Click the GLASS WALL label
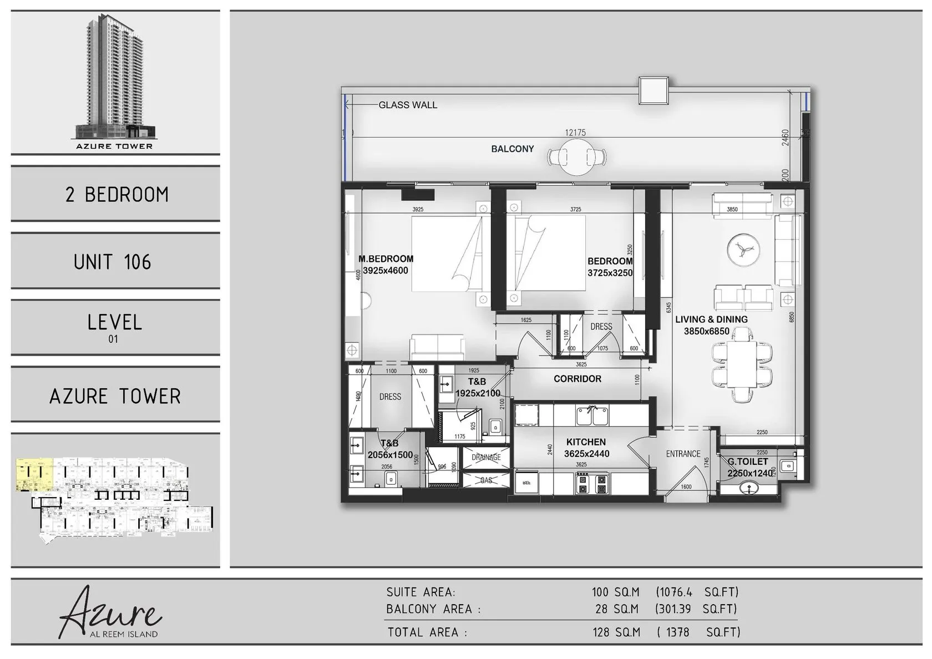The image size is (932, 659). click(x=408, y=105)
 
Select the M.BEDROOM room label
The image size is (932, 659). click(x=386, y=259)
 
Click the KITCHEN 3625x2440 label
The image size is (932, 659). click(x=586, y=448)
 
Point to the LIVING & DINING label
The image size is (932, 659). click(x=711, y=320)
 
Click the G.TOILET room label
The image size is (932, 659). click(x=748, y=462)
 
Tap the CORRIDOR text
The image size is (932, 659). click(x=577, y=379)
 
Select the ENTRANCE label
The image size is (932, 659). click(x=683, y=454)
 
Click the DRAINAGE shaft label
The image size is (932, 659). click(x=486, y=458)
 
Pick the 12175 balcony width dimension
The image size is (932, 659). click(x=575, y=133)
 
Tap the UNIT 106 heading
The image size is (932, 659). click(x=113, y=262)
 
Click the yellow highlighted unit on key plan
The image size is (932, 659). click(x=34, y=474)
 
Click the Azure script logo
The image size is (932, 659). click(x=110, y=612)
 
